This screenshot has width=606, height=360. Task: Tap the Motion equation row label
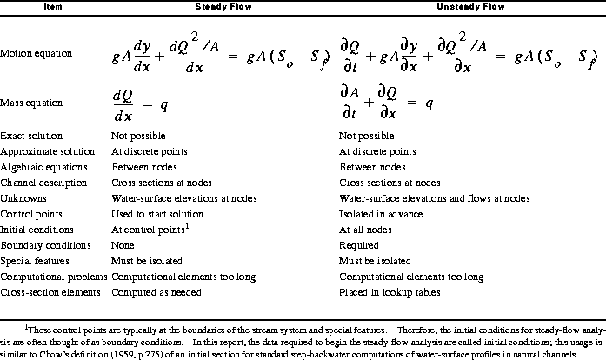(36, 54)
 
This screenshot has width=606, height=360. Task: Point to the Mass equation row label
(32, 101)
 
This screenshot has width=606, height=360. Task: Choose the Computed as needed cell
(156, 291)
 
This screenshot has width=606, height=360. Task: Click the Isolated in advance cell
(375, 214)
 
